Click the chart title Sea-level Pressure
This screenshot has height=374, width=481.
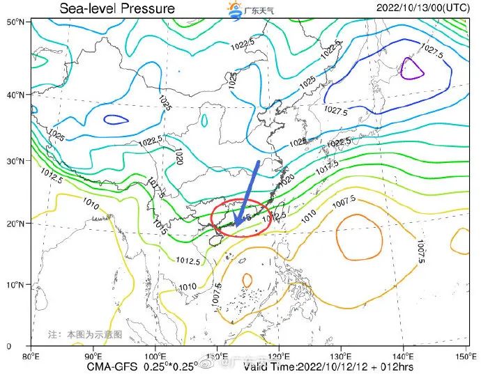117,8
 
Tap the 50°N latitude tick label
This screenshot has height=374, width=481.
17,22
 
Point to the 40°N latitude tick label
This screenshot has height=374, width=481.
17,95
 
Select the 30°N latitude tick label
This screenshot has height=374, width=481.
17,160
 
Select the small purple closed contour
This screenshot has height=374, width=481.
412,68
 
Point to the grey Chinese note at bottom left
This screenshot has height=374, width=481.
84,334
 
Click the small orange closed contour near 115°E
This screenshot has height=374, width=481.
247,279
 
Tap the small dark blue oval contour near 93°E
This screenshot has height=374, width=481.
116,119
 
